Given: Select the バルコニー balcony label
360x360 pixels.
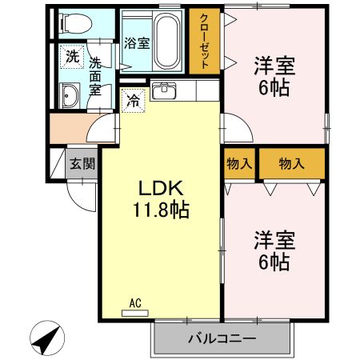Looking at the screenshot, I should click(x=221, y=339).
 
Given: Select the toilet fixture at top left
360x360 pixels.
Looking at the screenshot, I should click(x=74, y=22).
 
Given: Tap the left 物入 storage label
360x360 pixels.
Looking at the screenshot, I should click(x=239, y=163).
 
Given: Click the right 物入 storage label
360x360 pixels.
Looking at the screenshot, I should click(x=292, y=163).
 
